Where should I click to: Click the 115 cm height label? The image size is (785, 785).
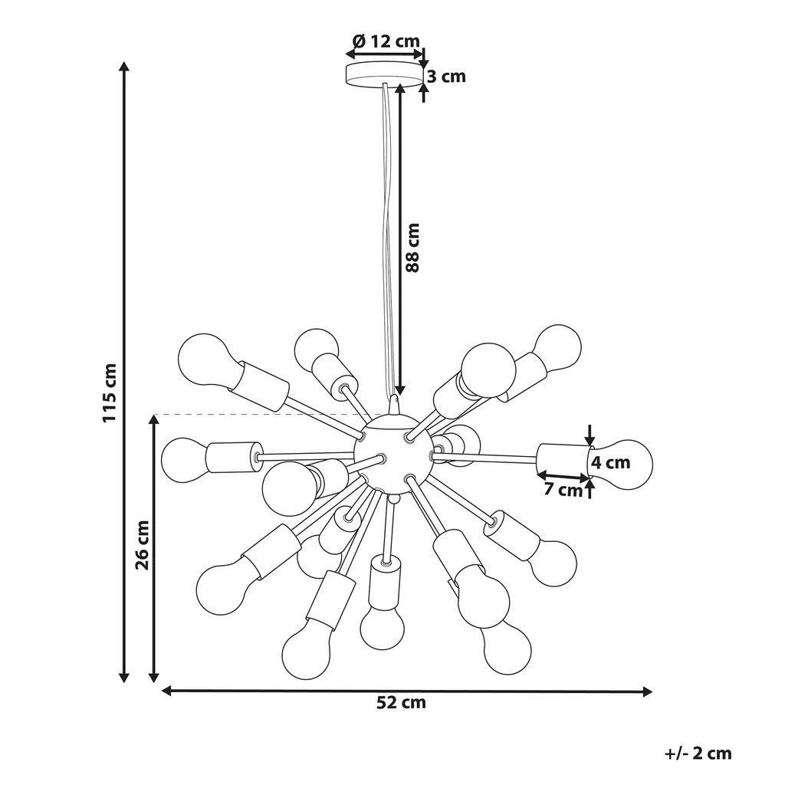(x=110, y=392)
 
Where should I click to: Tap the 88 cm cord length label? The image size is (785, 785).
(x=412, y=248)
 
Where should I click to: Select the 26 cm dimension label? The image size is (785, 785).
(x=143, y=545)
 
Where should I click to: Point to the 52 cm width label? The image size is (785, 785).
(x=401, y=702)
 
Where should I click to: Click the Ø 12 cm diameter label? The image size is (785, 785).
(x=386, y=41)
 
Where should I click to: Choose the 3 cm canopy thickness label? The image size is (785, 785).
(x=446, y=77)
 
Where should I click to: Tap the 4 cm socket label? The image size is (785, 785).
(x=610, y=462)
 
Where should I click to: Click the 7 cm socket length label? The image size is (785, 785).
(x=563, y=489)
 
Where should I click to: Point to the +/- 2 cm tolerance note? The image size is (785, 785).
(x=698, y=754)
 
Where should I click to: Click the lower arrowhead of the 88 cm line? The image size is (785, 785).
(x=400, y=390)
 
